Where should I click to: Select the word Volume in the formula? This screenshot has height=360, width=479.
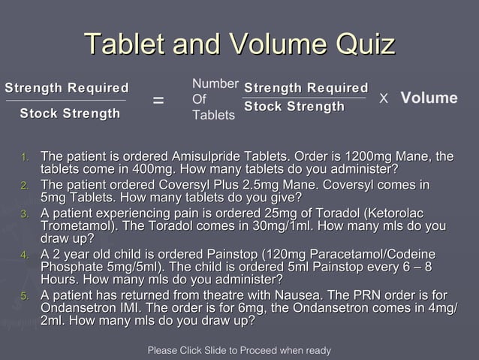tap(429, 98)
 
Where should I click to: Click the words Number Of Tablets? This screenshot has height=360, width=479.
tap(215, 99)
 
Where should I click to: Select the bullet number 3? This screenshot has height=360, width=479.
tap(25, 214)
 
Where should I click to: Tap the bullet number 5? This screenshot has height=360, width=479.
tap(25, 296)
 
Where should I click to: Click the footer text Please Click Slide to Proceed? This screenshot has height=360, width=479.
tap(239, 350)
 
